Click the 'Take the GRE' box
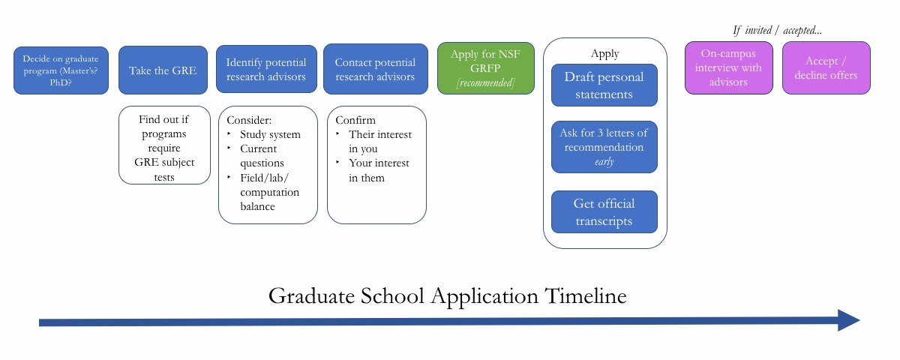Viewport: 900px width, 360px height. point(163,70)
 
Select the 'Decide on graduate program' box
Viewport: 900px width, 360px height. point(61,70)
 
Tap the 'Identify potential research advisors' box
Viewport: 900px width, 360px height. point(266,70)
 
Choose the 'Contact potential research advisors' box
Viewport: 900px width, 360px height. point(375,70)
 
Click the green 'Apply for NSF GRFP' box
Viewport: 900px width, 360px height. point(486,68)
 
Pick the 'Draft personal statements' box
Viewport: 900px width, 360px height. point(604,85)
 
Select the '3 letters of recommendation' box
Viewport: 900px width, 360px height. point(604,147)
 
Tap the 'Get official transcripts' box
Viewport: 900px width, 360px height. point(604,212)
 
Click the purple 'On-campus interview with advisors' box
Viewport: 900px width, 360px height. point(728,67)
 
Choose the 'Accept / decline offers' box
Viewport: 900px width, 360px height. point(826,67)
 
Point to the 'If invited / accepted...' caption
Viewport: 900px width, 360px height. point(777,31)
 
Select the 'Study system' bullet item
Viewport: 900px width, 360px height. point(269,135)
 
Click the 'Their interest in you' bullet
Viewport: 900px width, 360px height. point(379,142)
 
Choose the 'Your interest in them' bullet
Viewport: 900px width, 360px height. point(379,170)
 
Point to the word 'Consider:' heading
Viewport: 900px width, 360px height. point(249,120)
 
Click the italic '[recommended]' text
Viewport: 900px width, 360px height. point(486,82)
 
